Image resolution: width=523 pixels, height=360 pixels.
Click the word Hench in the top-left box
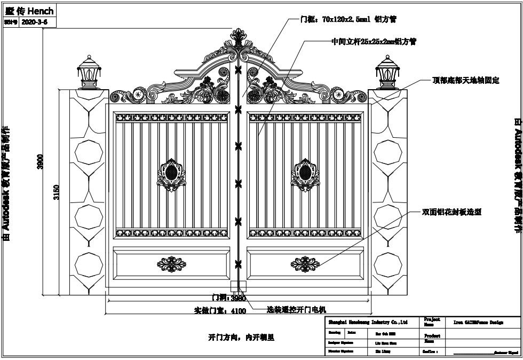pos(42,11)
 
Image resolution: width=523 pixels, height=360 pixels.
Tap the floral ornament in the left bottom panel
pos(171,264)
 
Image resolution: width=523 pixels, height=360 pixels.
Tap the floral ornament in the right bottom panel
pos(305,264)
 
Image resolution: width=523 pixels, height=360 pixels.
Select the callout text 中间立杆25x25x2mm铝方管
pos(374,41)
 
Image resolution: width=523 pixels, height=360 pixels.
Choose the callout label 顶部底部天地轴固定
pos(465,81)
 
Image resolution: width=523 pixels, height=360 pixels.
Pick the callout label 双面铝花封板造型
pos(451,212)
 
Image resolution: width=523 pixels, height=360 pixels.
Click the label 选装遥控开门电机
pos(296,309)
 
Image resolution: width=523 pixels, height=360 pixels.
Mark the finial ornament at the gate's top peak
pos(239,38)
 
